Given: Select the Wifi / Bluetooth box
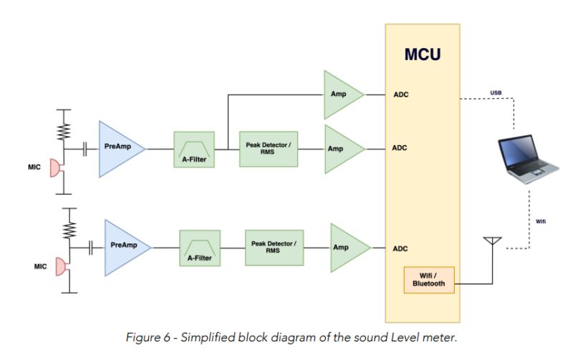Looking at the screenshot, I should tap(428, 278).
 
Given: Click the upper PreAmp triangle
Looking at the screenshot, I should tap(119, 148).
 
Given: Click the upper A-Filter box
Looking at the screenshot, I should tap(194, 149).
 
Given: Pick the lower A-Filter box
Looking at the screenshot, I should tap(200, 248).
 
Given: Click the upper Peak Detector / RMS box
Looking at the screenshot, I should tap(267, 148).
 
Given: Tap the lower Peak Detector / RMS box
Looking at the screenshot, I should tap(274, 247).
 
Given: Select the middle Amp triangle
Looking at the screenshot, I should tap(341, 149).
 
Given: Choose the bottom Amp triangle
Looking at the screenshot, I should tap(347, 248).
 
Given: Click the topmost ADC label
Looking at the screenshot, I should tap(400, 94).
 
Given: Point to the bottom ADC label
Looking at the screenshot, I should tap(400, 248).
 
